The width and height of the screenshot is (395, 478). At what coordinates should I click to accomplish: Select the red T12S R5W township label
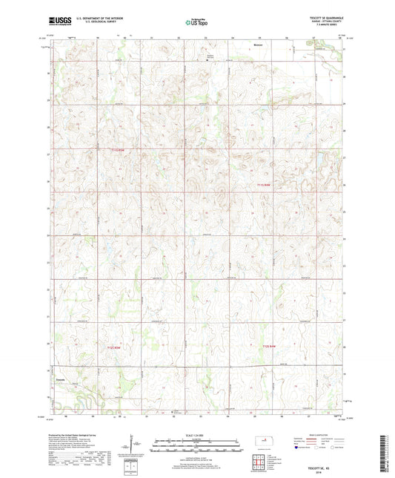(113, 347)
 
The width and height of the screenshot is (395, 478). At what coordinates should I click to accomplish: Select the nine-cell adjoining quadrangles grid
(259, 466)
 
